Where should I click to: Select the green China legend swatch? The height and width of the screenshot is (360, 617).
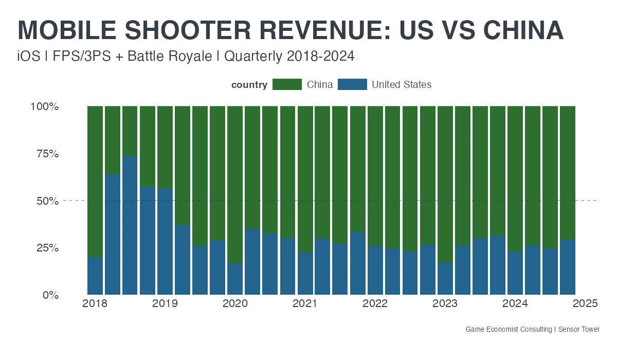coord(287,85)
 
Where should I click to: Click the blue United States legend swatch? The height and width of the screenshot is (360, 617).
coord(352,85)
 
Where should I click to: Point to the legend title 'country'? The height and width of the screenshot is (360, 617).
coord(249,85)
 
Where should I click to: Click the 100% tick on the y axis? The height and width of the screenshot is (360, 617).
coord(45,106)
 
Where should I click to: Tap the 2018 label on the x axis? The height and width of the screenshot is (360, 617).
coord(95,304)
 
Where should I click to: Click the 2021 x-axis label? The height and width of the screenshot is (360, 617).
coord(305,304)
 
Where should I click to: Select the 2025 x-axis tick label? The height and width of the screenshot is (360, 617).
coord(585,304)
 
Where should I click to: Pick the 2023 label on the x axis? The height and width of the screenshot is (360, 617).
coord(445,304)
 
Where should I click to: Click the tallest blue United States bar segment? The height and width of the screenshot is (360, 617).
coord(130,226)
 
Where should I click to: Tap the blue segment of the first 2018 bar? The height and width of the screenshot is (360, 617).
coord(95,276)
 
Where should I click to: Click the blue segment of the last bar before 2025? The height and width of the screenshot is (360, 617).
coord(568,267)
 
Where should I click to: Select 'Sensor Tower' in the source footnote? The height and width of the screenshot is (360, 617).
coord(579,329)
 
